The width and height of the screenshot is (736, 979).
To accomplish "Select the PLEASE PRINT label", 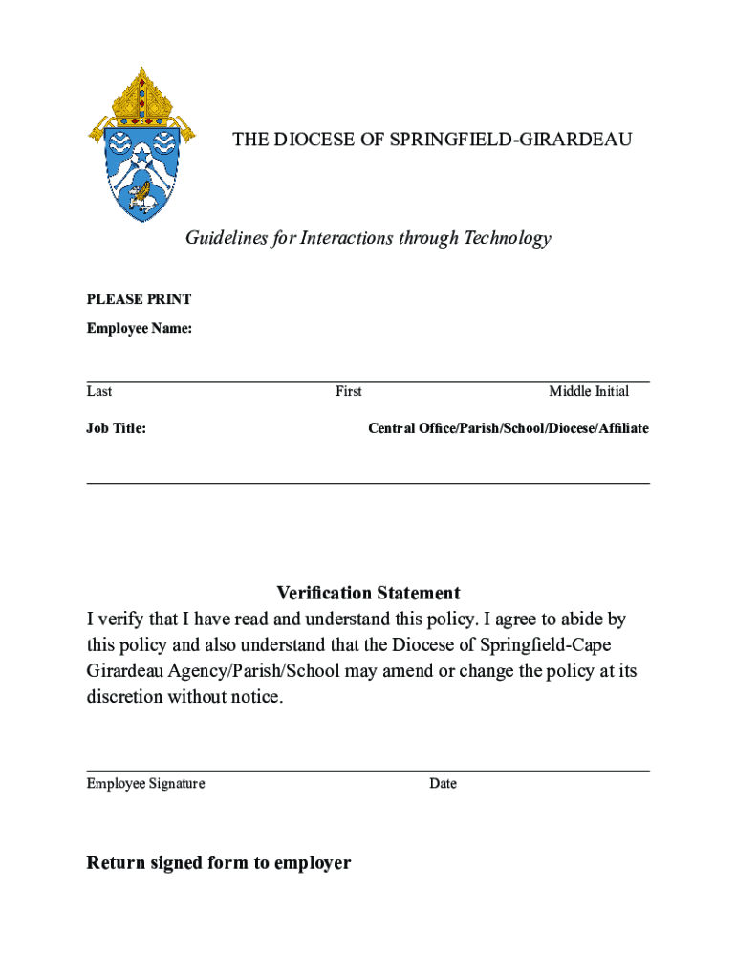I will [139, 299].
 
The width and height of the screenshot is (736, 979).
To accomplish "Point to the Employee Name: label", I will [139, 329].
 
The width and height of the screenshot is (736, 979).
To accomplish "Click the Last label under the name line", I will [99, 391].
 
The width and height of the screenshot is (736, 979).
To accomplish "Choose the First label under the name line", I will [348, 391].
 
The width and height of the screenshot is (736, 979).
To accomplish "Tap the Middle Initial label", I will [589, 391].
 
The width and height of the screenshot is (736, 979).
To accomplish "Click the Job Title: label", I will [117, 428].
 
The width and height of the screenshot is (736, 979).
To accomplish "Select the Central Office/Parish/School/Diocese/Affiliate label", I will [509, 428].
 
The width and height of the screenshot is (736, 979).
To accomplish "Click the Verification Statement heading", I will [368, 593].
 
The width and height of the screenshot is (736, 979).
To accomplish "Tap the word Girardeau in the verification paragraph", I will [126, 671].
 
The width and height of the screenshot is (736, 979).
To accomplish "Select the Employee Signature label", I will [145, 784].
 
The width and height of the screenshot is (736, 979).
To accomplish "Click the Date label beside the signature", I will [443, 784].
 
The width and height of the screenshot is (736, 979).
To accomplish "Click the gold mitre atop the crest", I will [142, 96].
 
